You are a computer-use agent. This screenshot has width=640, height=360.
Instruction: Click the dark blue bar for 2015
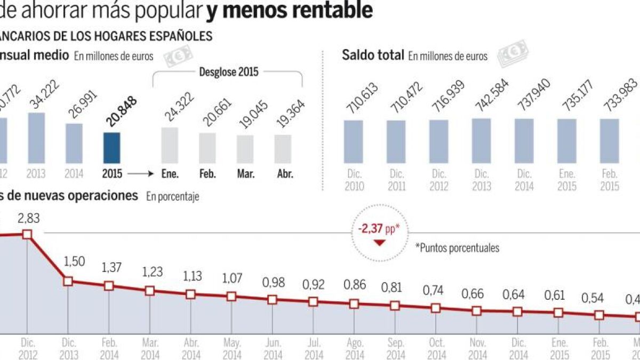[111, 148]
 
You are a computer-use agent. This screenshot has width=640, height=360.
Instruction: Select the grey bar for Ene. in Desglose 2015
[170, 145]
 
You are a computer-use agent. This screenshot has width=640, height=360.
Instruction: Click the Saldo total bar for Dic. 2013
[482, 141]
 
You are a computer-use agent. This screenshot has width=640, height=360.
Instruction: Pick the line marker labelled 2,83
[27, 234]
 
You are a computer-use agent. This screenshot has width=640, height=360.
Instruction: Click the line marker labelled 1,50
[68, 281]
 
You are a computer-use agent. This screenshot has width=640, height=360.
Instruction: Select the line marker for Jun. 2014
[272, 300]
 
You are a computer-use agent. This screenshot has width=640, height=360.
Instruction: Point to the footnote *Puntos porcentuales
[457, 248]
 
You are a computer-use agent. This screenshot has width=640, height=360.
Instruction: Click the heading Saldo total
[373, 55]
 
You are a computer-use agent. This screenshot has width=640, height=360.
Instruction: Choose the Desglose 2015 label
[228, 71]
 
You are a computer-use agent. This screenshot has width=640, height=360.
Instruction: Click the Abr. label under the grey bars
[285, 174]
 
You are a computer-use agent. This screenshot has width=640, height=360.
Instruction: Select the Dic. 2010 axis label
[354, 180]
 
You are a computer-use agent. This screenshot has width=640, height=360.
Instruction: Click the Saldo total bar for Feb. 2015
[610, 141]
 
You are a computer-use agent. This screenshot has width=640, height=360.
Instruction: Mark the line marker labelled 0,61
[558, 313]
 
